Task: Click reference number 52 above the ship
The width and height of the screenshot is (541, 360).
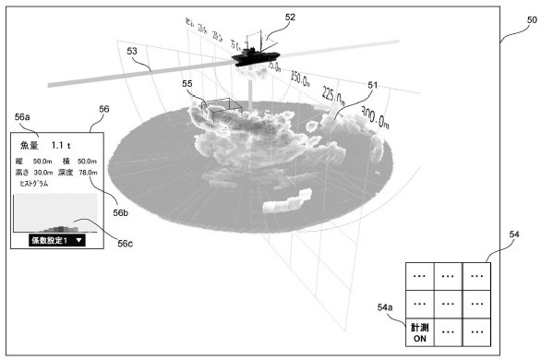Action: [290, 17]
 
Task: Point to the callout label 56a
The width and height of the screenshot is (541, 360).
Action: [23, 117]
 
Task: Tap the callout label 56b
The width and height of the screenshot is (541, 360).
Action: [122, 211]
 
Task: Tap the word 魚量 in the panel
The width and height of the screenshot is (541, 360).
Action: [30, 145]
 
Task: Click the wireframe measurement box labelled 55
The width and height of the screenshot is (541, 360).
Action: [222, 112]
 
